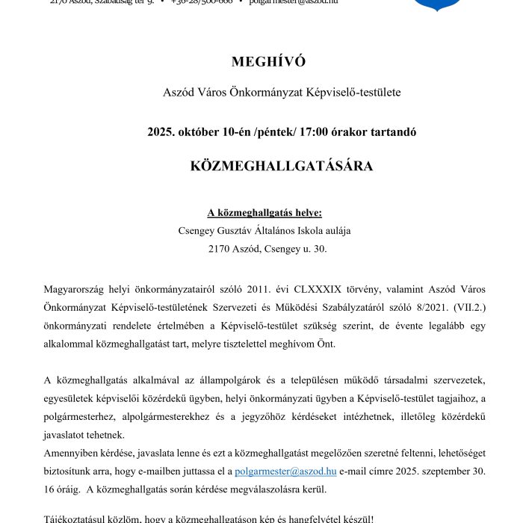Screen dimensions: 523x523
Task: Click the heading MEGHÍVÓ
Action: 269,61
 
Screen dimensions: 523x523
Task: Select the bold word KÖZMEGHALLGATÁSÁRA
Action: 282,166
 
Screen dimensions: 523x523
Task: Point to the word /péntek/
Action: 274,131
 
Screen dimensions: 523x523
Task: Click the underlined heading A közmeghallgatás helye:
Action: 264,213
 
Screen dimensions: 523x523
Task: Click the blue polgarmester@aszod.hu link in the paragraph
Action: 285,472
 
